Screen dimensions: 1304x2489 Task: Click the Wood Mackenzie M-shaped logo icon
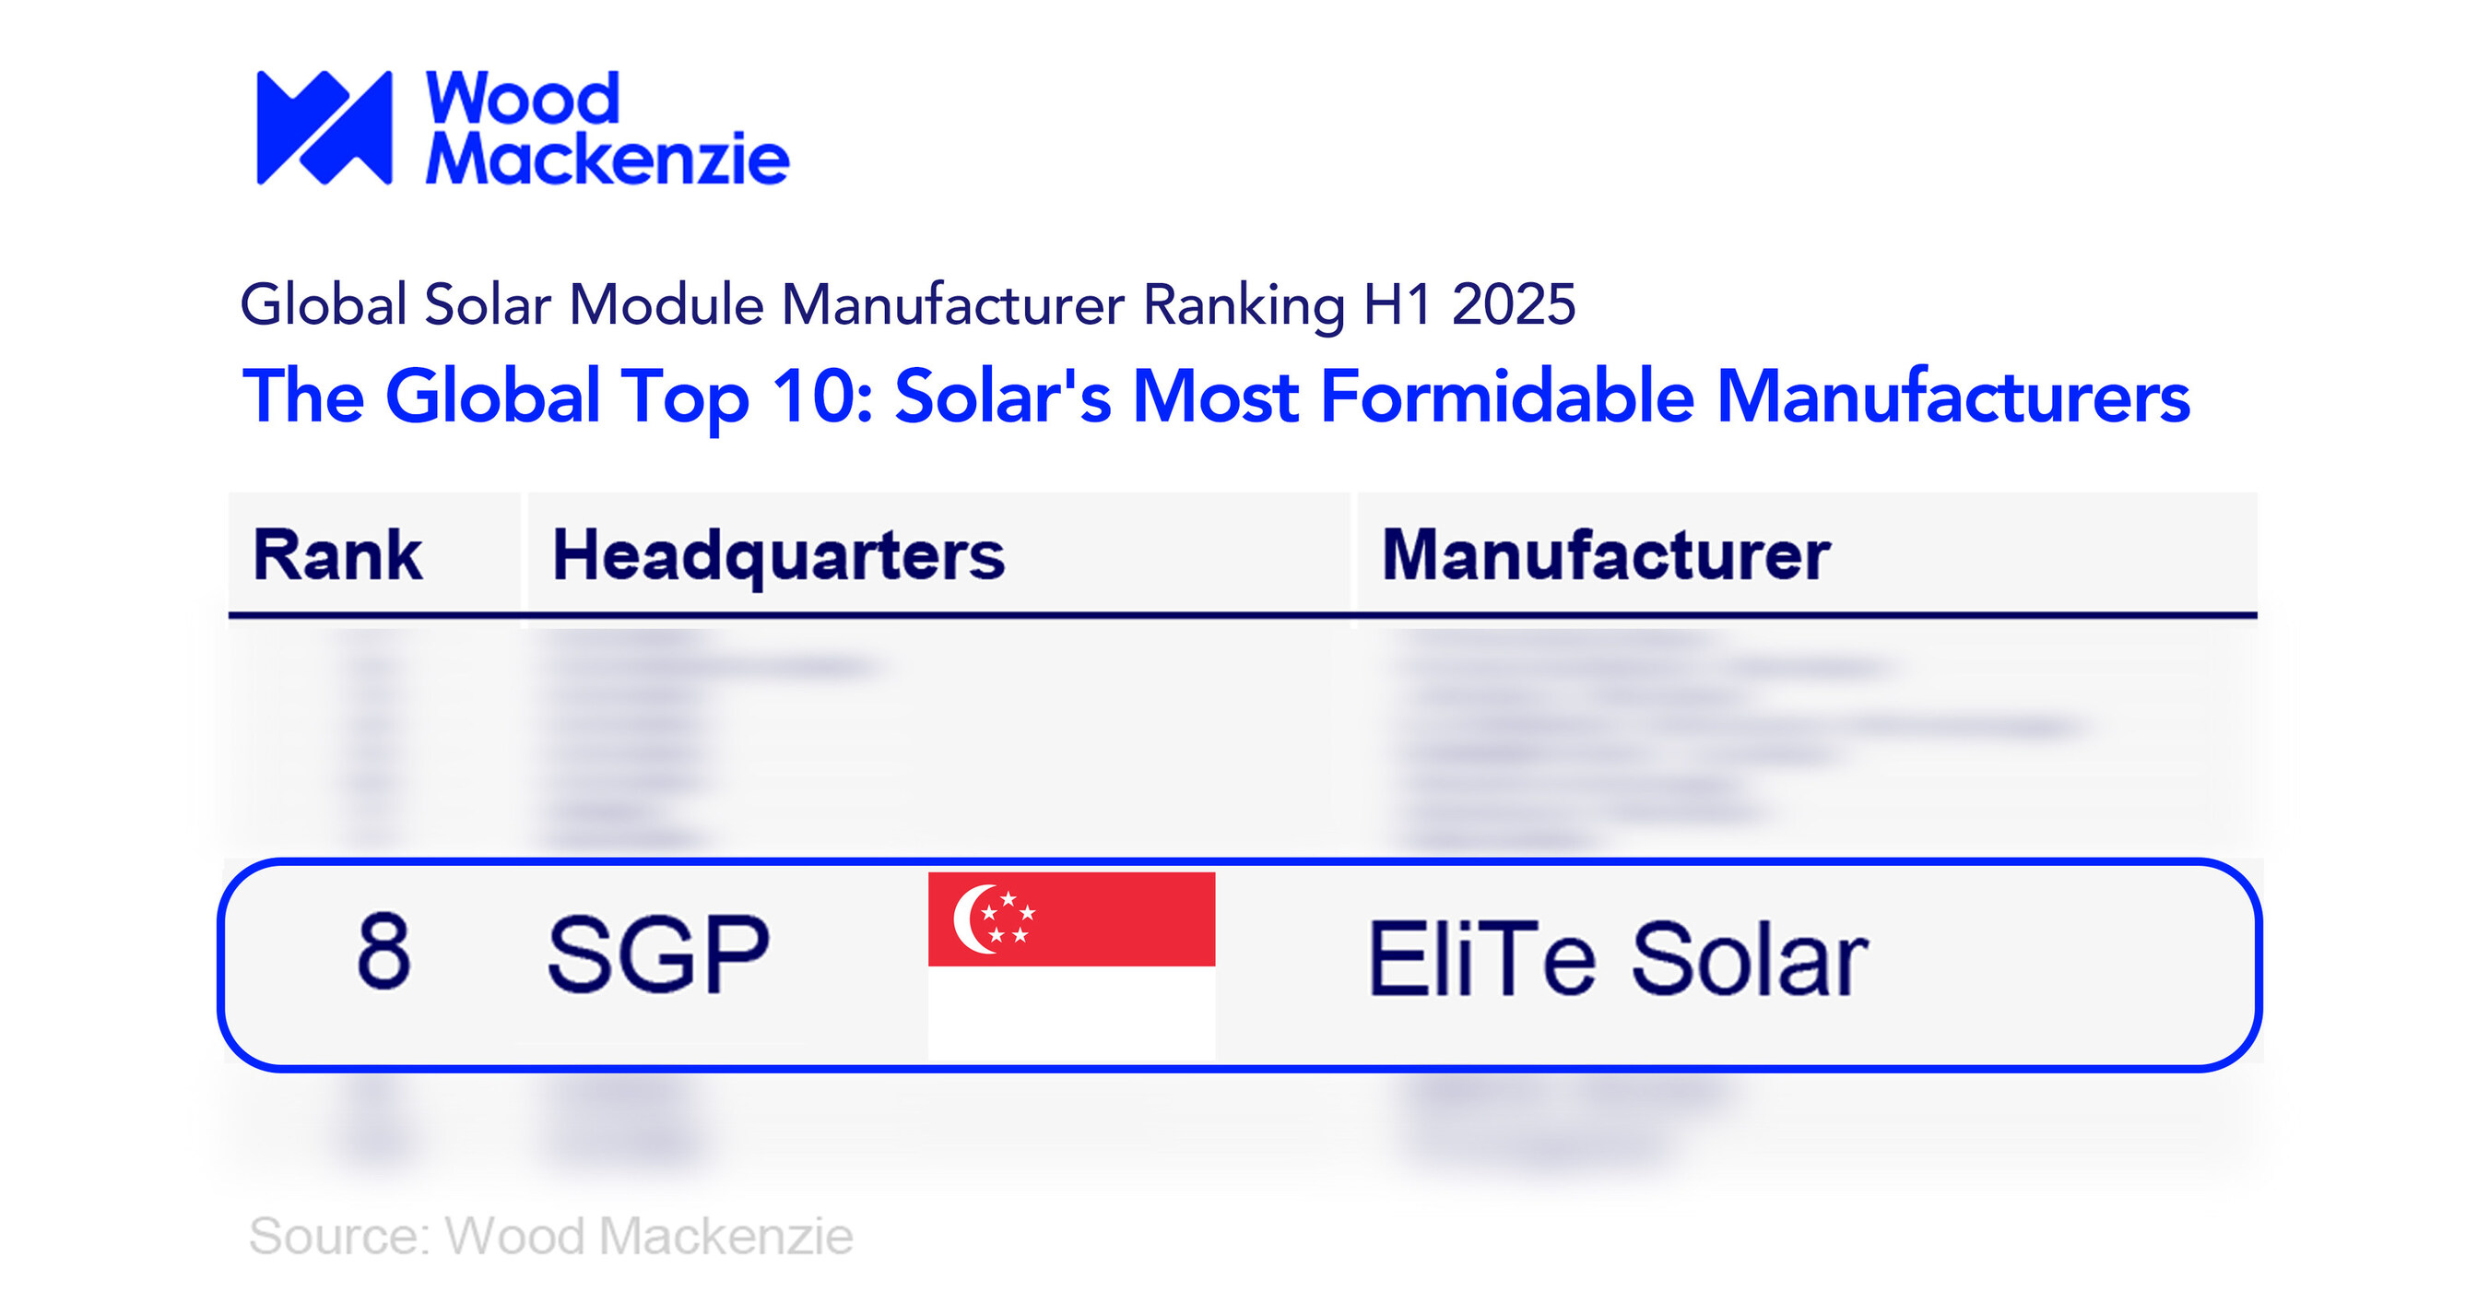(x=324, y=126)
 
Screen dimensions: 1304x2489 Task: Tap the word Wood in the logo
(x=522, y=99)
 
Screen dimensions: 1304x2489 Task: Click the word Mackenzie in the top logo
(x=608, y=158)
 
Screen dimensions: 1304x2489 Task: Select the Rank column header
(x=337, y=555)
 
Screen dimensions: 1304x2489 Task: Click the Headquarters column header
(x=778, y=555)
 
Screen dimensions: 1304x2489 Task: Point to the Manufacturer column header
(x=1606, y=555)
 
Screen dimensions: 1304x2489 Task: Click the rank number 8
(x=383, y=951)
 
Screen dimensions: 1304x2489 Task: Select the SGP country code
(x=658, y=955)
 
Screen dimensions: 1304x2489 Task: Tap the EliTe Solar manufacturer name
(x=1618, y=959)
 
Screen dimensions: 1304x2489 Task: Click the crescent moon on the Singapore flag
(x=970, y=919)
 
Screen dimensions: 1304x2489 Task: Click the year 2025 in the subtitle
(x=1513, y=304)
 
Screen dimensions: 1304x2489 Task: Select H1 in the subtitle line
(x=1398, y=304)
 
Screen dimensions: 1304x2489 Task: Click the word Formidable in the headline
(x=1506, y=397)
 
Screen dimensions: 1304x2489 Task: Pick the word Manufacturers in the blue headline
(x=1952, y=397)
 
